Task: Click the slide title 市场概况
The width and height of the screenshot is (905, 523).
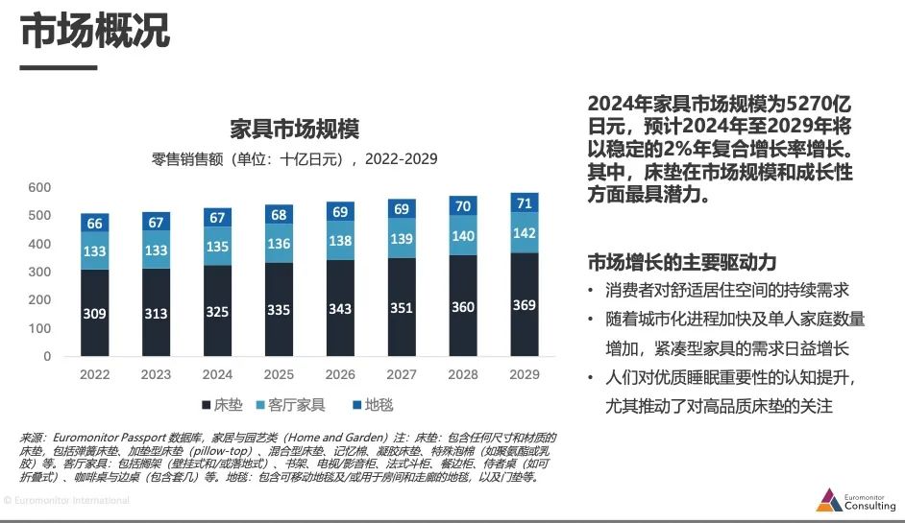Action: pyautogui.click(x=95, y=32)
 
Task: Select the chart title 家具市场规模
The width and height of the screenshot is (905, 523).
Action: pyautogui.click(x=294, y=129)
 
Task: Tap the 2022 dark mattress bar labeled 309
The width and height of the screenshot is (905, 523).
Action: pyautogui.click(x=95, y=313)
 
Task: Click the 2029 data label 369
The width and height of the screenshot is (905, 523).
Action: pyautogui.click(x=525, y=305)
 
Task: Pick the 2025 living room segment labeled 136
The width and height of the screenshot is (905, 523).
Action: pyautogui.click(x=279, y=243)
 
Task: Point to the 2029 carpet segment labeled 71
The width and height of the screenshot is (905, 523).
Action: pyautogui.click(x=525, y=203)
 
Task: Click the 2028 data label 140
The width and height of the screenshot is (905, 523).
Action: pyautogui.click(x=463, y=236)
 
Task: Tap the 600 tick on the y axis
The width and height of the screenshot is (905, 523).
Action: pyautogui.click(x=39, y=187)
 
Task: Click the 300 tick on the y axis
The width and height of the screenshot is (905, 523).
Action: pyautogui.click(x=39, y=272)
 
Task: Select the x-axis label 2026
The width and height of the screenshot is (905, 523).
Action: pyautogui.click(x=340, y=374)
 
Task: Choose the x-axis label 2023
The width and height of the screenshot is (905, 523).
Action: pyautogui.click(x=156, y=374)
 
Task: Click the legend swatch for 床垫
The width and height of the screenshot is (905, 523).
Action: pyautogui.click(x=207, y=406)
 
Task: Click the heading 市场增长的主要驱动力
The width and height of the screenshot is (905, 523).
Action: pyautogui.click(x=681, y=262)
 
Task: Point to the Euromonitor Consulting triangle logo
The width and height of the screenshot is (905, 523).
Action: pyautogui.click(x=829, y=500)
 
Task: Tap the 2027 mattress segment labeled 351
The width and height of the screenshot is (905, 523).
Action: pyautogui.click(x=402, y=308)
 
